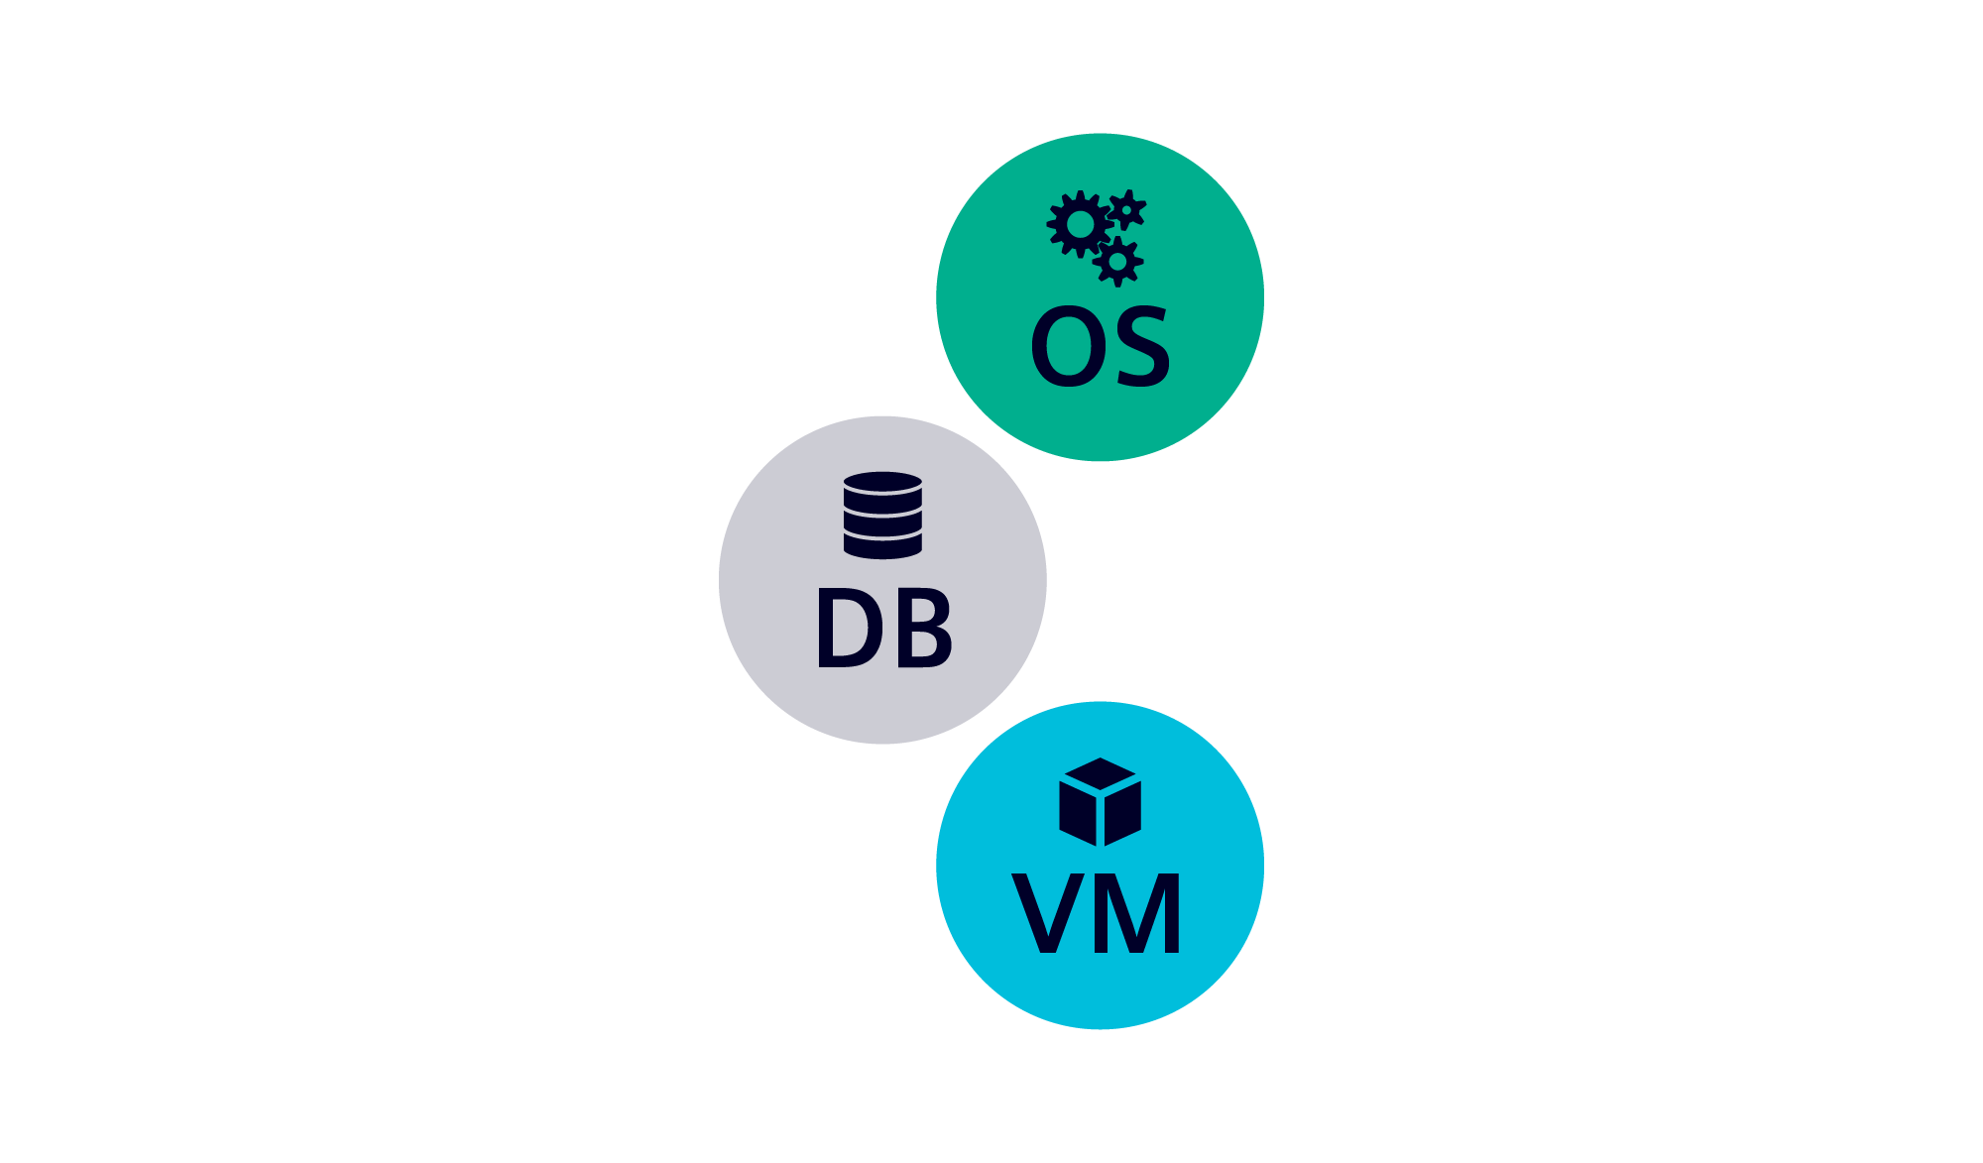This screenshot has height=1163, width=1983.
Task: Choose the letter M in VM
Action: pyautogui.click(x=1141, y=913)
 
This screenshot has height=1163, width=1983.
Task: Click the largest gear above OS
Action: pyautogui.click(x=1080, y=225)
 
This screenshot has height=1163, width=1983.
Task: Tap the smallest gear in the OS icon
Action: pyautogui.click(x=1126, y=209)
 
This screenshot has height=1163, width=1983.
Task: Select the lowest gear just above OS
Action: pyautogui.click(x=1118, y=262)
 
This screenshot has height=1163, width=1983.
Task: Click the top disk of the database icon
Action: pyautogui.click(x=882, y=483)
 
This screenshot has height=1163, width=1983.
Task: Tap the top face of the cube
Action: pyautogui.click(x=1100, y=773)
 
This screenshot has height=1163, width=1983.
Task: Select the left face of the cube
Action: pyautogui.click(x=1078, y=813)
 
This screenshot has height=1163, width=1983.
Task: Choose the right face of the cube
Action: pyautogui.click(x=1123, y=813)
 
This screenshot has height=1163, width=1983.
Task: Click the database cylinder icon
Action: pyautogui.click(x=882, y=515)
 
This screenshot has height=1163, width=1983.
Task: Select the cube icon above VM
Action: pyautogui.click(x=1100, y=802)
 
